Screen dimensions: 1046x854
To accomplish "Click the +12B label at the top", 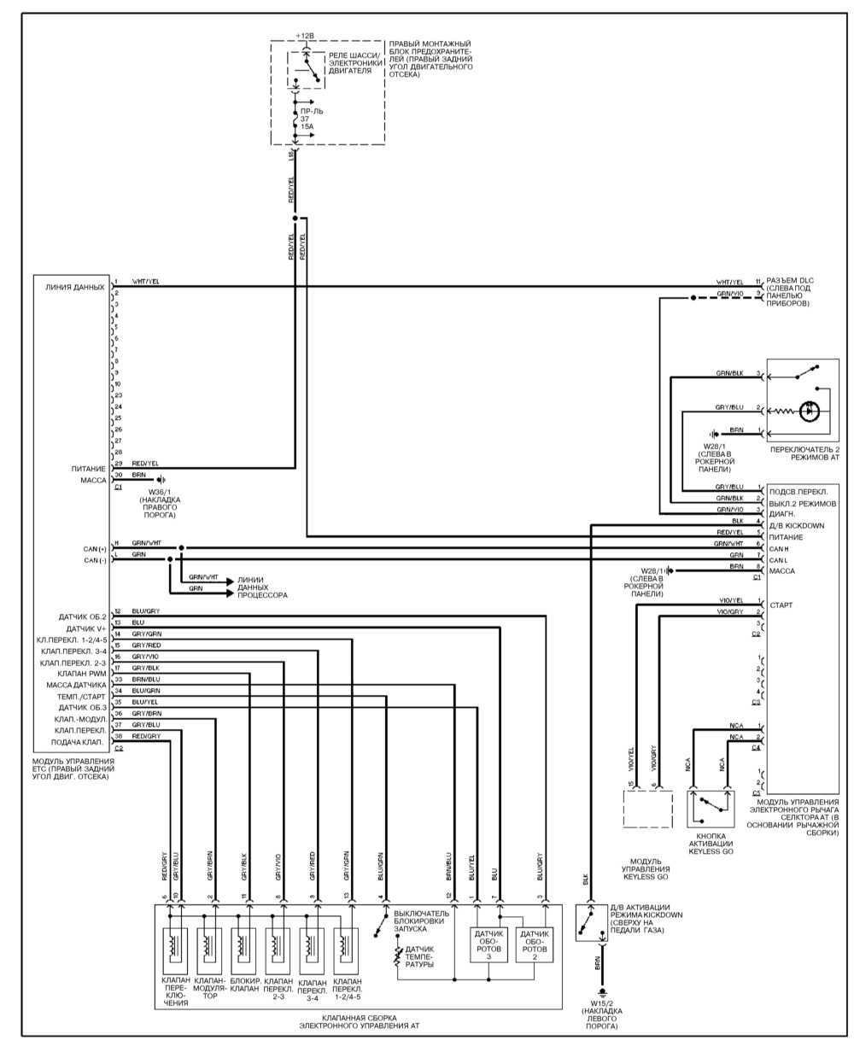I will tap(305, 36).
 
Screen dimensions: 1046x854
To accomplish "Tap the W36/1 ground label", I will tap(161, 502).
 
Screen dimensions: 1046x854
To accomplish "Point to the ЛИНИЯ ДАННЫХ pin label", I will tap(78, 288).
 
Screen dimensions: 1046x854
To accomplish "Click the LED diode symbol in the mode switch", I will tap(810, 411).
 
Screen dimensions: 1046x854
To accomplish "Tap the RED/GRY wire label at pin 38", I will tap(146, 735).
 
